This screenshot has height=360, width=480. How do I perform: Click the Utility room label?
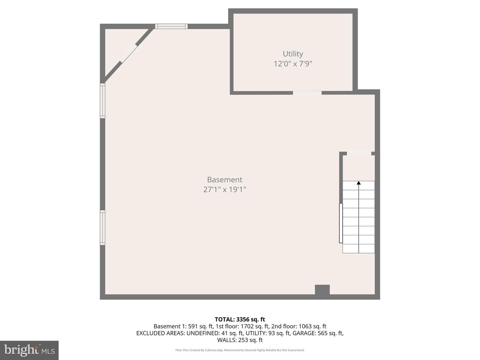(x=293, y=54)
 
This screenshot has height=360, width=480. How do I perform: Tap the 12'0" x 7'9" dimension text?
(x=293, y=64)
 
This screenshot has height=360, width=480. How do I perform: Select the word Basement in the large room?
(x=225, y=180)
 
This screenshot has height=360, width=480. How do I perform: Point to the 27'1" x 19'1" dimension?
(x=225, y=190)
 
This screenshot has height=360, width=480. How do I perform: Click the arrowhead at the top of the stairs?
(x=359, y=183)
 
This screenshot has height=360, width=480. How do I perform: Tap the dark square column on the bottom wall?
(x=322, y=290)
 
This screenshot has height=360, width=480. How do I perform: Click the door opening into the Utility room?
(x=307, y=93)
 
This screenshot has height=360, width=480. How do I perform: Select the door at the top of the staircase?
(x=359, y=154)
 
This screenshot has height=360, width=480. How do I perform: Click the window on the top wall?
(x=171, y=26)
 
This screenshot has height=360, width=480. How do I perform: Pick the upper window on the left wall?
(x=103, y=101)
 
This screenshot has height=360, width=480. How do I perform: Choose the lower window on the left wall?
(x=103, y=228)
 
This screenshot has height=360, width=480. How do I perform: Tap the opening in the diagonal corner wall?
(x=129, y=53)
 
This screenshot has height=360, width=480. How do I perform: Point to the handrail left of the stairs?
(x=341, y=223)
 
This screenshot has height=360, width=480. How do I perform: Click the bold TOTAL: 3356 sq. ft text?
(x=240, y=319)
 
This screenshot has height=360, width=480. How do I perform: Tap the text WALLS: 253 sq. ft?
(x=240, y=340)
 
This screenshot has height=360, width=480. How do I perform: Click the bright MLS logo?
(x=29, y=350)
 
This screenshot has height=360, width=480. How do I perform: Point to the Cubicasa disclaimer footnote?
(x=240, y=350)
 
